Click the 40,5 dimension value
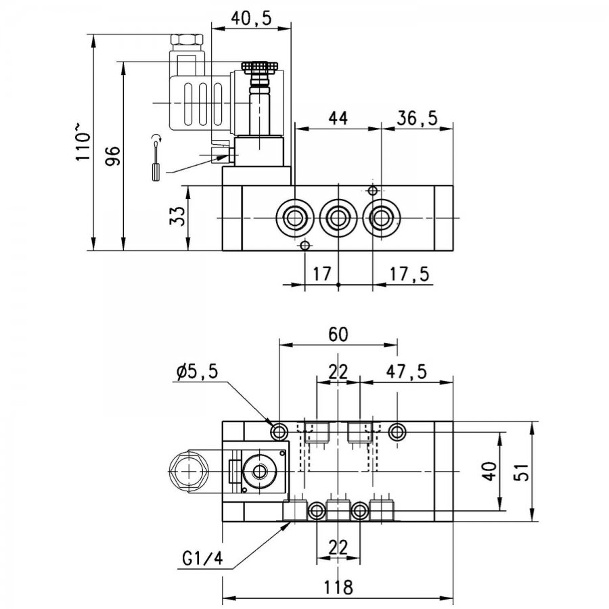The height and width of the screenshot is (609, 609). point(251,19)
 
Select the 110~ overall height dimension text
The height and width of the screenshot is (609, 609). point(83,142)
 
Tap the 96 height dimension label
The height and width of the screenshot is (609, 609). point(113,156)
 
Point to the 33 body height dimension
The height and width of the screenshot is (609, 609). point(177,216)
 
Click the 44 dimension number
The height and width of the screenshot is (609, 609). point(338,118)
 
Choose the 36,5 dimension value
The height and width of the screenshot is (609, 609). point(417,118)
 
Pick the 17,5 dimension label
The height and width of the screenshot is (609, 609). point(410,274)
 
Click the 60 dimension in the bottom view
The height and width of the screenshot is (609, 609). point(338,334)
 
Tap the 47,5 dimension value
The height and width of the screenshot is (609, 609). point(406,371)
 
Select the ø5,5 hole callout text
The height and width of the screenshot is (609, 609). point(197,372)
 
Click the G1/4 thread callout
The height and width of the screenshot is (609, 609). point(203,559)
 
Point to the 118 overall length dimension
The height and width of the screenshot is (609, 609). point(338,587)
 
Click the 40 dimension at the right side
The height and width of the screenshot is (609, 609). point(490,471)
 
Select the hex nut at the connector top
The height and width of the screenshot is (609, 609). point(187,40)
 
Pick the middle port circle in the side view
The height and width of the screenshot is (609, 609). point(338,218)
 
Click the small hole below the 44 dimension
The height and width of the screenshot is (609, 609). point(372,190)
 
